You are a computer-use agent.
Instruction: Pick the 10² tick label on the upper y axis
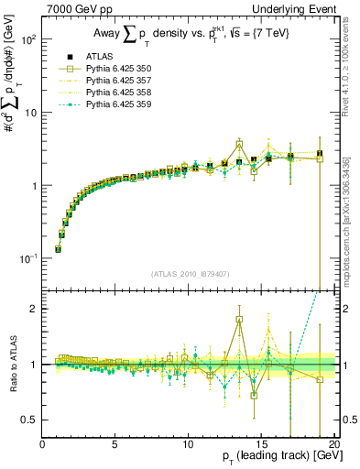pyautogui.click(x=27, y=40)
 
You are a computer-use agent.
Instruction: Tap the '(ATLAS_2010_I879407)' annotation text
pyautogui.click(x=190, y=272)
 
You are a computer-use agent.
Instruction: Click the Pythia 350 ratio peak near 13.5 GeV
pyautogui.click(x=239, y=320)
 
